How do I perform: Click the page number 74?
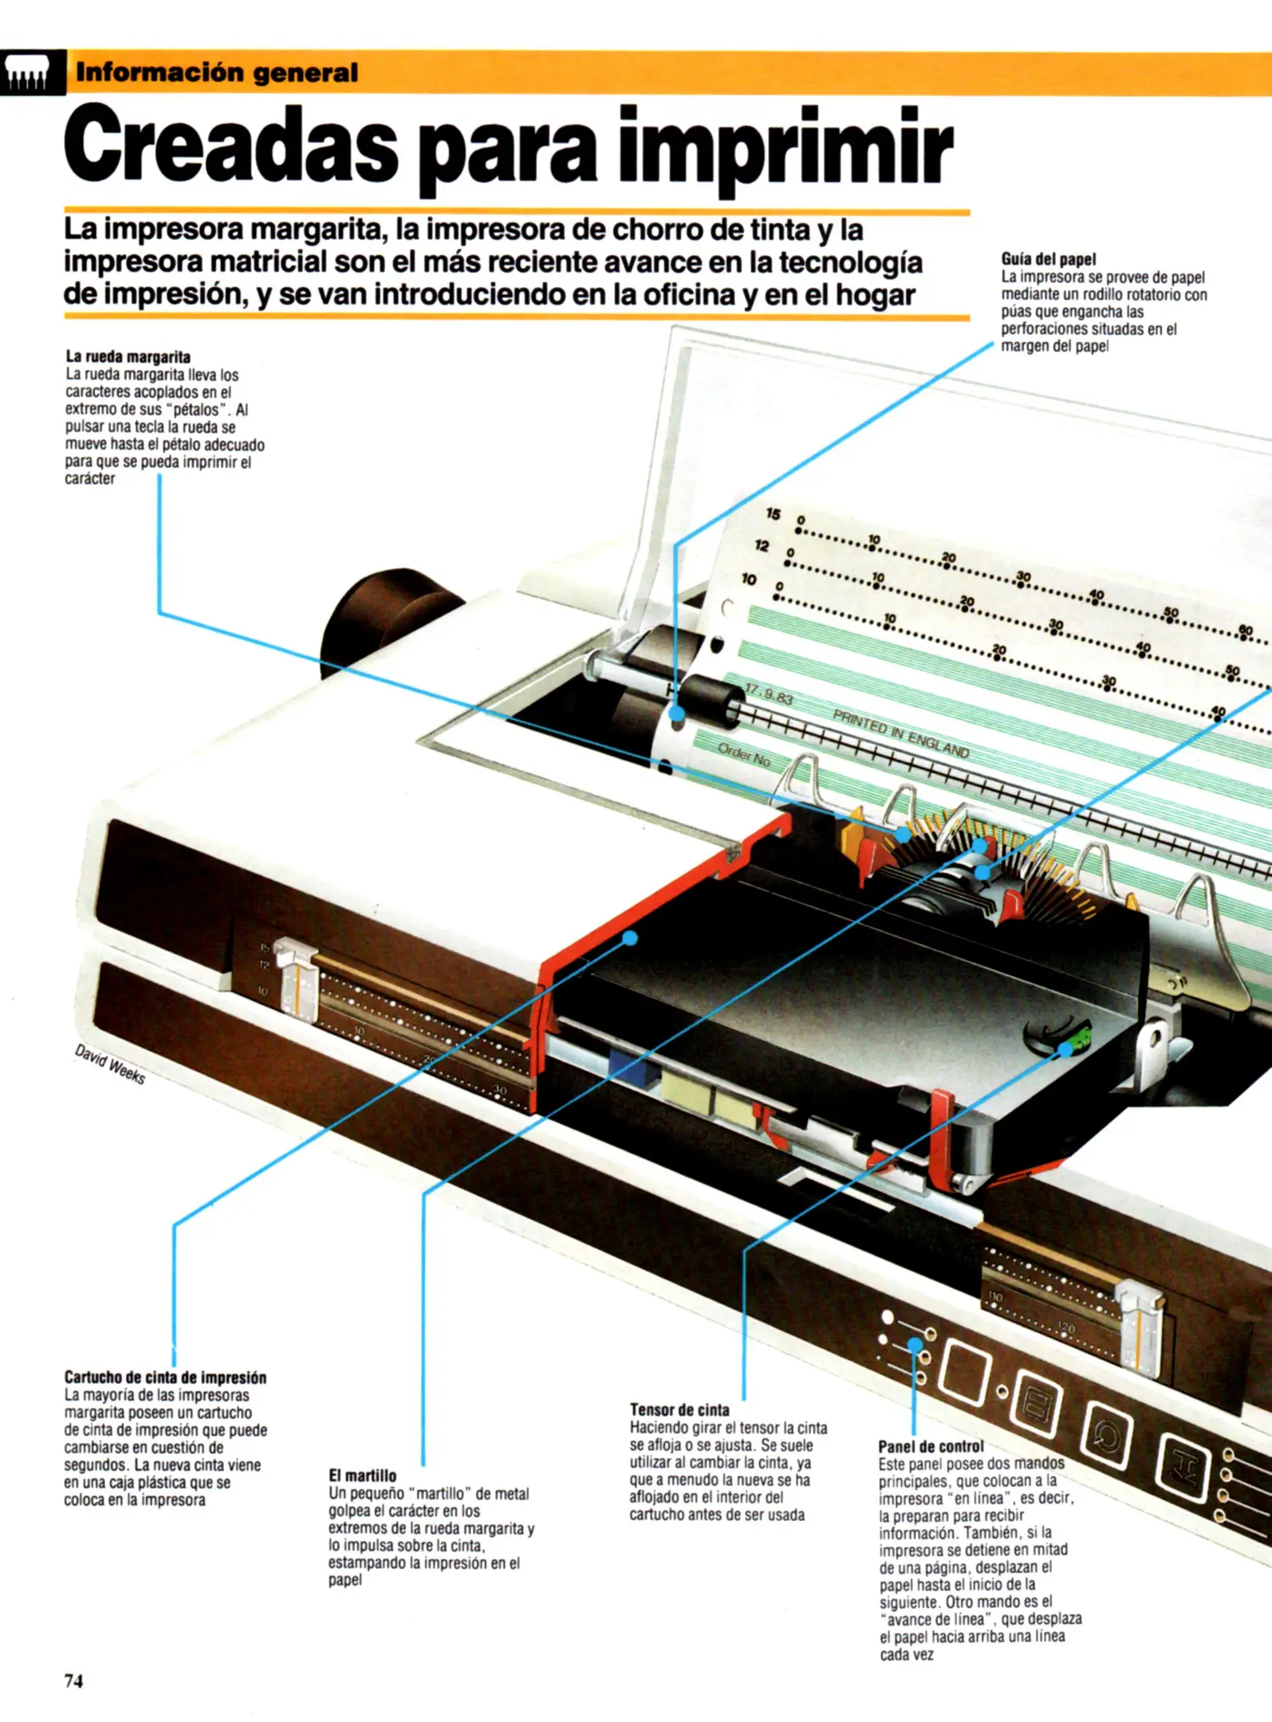pos(73,1681)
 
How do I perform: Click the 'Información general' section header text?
pos(216,73)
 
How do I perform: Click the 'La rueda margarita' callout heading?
pos(128,356)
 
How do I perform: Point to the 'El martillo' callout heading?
pos(362,1476)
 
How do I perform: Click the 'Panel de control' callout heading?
pos(930,1446)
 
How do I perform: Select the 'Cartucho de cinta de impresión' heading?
pos(165,1378)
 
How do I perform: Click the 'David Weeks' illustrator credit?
pos(110,1064)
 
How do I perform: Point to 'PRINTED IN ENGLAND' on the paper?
pos(901,733)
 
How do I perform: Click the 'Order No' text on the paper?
pos(744,754)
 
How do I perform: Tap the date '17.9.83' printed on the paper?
pos(767,695)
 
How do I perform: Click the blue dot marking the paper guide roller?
pos(677,713)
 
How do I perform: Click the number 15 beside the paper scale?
pos(772,513)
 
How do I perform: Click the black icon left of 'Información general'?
pos(33,73)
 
